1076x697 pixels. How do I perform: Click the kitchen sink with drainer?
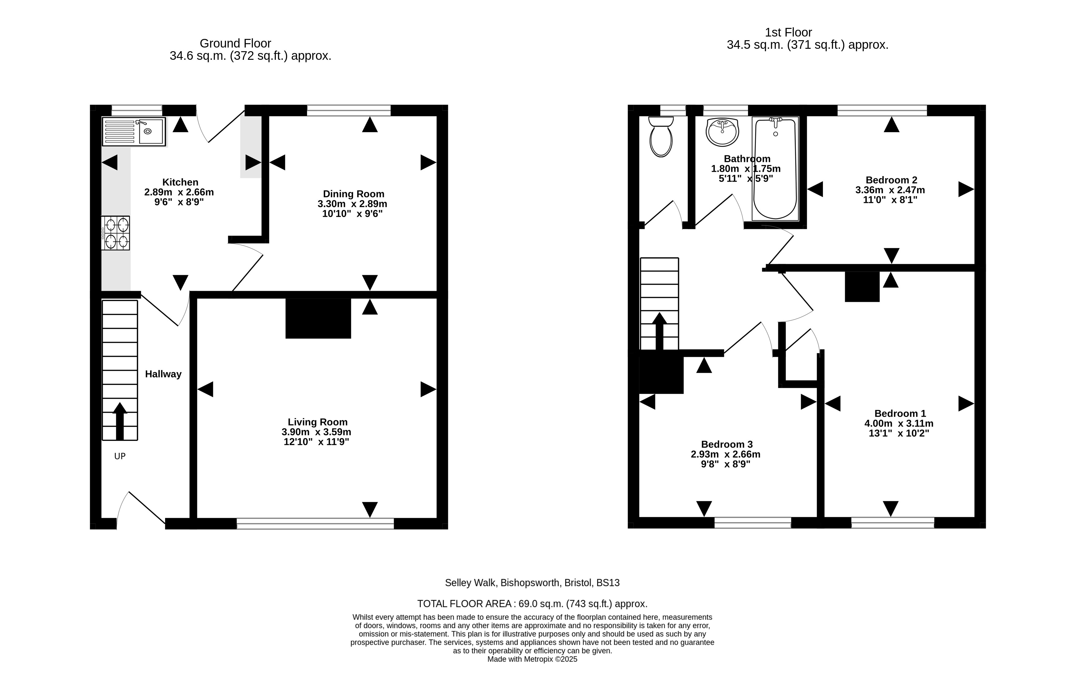click(134, 132)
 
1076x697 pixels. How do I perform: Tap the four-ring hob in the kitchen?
click(116, 233)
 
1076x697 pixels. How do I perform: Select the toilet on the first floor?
click(661, 137)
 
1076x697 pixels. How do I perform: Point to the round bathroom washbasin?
click(723, 132)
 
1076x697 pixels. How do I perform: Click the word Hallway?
click(163, 374)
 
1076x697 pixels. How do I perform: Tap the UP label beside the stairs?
click(120, 456)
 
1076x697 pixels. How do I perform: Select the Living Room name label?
click(318, 422)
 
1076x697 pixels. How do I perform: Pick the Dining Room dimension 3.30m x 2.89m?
click(352, 204)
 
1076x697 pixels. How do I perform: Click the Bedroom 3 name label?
click(727, 444)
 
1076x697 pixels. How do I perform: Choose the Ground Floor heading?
click(236, 43)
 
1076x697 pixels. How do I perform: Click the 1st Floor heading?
click(789, 33)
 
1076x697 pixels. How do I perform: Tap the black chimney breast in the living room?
click(318, 318)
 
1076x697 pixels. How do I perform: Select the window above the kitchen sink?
click(137, 110)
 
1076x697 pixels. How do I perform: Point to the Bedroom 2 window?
click(882, 110)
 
